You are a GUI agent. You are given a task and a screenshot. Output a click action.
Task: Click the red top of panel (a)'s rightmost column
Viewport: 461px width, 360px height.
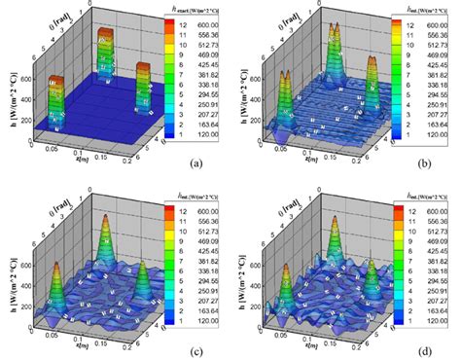[x=144, y=67]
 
